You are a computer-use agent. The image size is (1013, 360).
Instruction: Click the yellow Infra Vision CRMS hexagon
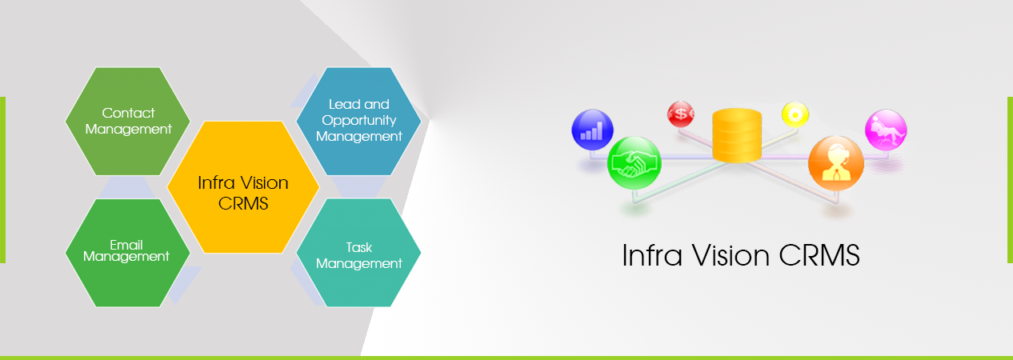243,187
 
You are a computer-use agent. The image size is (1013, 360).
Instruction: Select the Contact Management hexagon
128,122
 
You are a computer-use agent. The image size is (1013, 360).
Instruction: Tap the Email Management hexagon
128,253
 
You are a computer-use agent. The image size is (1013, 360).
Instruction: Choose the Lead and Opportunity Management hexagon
358,122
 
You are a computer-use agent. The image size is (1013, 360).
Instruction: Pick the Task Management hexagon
358,253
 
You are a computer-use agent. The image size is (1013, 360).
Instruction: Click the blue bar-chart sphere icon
592,130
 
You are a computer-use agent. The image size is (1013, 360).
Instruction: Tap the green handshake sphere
634,163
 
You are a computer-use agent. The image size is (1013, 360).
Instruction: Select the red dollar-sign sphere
681,114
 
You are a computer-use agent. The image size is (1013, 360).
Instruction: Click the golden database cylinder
737,134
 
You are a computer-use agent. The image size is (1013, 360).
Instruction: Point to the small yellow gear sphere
795,114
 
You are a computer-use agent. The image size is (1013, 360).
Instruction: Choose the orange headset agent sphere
835,163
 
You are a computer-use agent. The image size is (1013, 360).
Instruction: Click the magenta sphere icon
886,130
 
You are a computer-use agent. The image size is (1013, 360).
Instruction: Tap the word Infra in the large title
652,255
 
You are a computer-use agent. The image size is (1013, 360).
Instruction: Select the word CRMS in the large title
819,255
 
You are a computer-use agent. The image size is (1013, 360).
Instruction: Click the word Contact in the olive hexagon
129,113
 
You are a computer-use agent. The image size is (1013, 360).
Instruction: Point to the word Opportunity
359,121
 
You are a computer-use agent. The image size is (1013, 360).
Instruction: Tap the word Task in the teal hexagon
359,247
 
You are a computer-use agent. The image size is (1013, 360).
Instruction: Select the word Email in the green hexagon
126,245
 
